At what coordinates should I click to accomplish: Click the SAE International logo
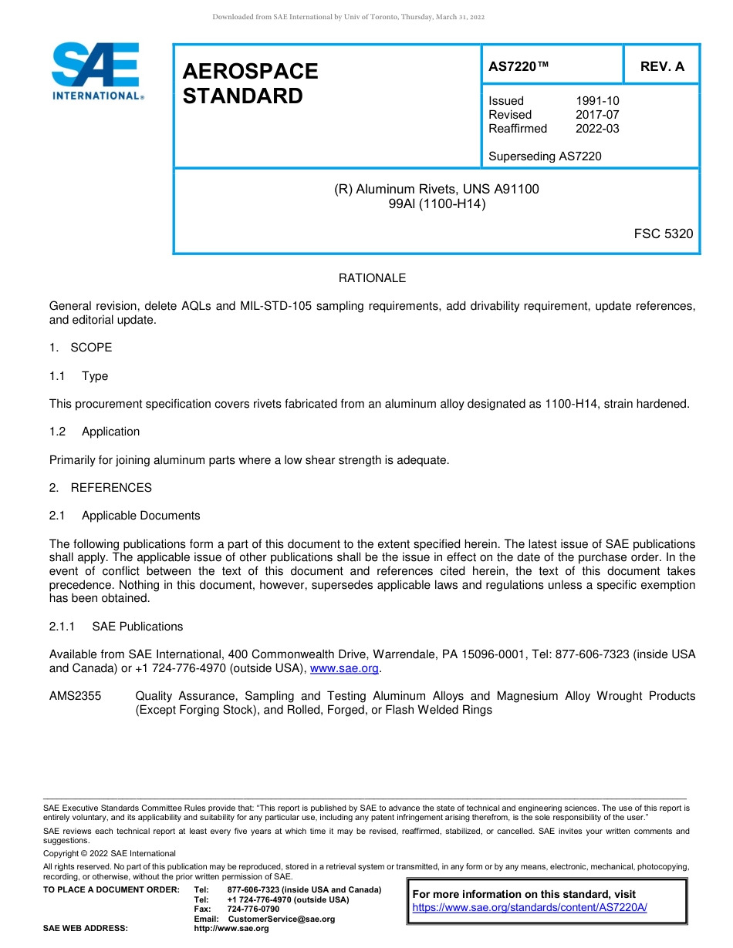[96, 71]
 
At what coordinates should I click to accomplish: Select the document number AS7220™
[519, 66]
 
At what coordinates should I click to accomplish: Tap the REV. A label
[662, 66]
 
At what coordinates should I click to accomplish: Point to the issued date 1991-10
[597, 101]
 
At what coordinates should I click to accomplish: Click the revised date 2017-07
[597, 115]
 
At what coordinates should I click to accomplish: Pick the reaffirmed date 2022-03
[597, 129]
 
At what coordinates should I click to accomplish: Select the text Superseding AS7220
[545, 156]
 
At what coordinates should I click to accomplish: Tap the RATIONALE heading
[372, 278]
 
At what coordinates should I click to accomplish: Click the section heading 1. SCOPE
[81, 348]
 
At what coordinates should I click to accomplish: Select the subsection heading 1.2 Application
[95, 432]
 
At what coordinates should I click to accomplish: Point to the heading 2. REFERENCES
[100, 488]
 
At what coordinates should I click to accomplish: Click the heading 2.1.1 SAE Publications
[117, 627]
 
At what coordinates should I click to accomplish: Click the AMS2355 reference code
[76, 696]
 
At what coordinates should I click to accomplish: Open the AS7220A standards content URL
[529, 907]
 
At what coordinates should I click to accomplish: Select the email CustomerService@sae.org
[282, 919]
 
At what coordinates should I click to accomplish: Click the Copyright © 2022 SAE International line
[110, 853]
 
